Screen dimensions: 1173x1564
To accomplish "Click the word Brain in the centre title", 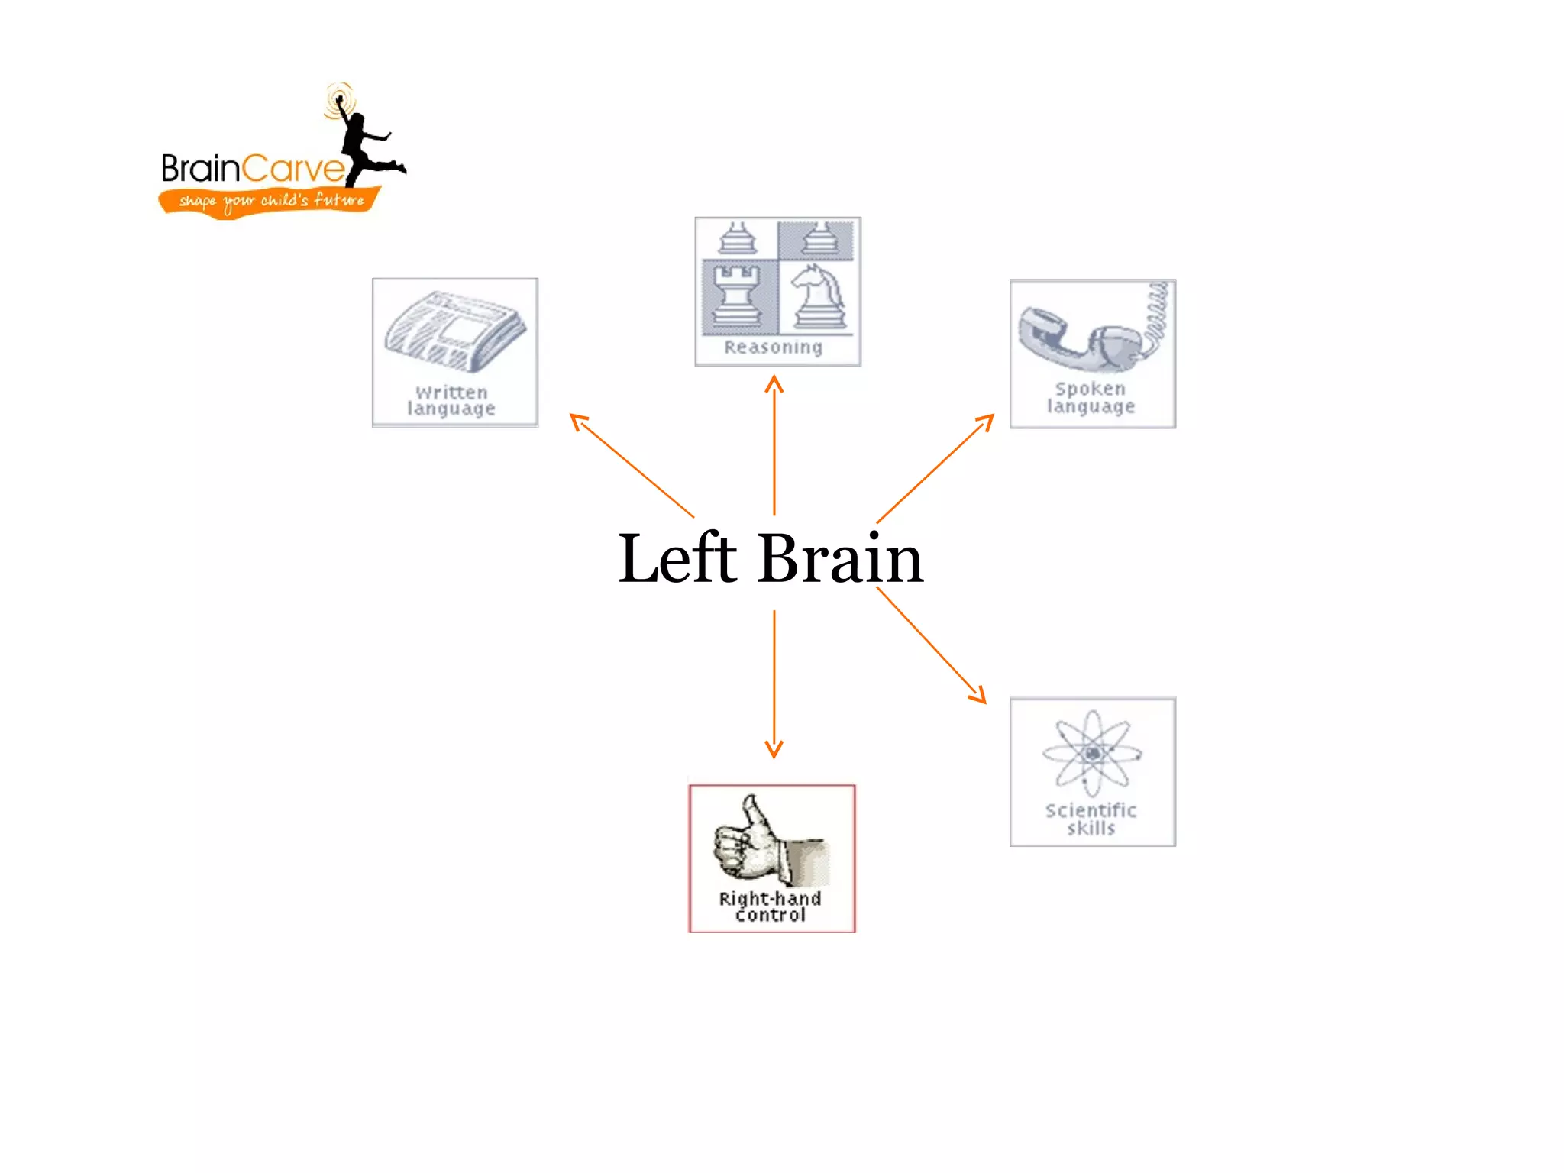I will [x=840, y=559].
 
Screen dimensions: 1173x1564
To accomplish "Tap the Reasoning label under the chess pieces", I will [x=773, y=347].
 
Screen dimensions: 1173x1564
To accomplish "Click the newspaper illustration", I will [x=455, y=331].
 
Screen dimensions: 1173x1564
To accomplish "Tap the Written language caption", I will [x=451, y=401].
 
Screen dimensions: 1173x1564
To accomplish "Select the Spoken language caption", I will [x=1091, y=398].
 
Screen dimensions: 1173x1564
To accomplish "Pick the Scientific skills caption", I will [x=1091, y=819].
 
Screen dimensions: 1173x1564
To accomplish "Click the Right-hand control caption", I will [x=770, y=906].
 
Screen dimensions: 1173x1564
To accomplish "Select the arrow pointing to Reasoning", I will [x=774, y=443].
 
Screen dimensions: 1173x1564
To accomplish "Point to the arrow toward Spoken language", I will [x=935, y=467].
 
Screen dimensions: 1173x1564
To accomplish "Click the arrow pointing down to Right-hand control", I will [x=774, y=683].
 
